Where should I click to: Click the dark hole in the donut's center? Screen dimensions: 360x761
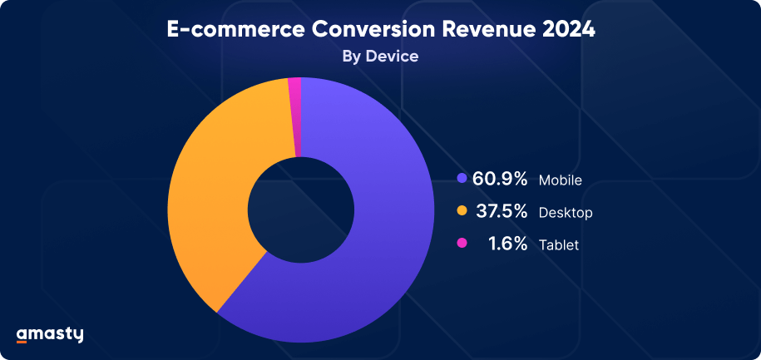point(300,208)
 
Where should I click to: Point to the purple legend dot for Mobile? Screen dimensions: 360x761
point(462,179)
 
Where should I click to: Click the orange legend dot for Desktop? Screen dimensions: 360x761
point(462,212)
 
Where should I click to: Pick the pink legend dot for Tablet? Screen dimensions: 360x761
point(462,244)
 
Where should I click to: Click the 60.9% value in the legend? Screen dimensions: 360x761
point(500,179)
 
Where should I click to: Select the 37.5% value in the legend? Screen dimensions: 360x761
point(502,212)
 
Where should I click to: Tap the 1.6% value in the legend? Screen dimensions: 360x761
point(509,244)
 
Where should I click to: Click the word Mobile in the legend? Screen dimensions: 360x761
point(560,180)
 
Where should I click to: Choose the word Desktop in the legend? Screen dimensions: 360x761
point(566,213)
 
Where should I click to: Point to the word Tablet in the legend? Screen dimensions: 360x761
point(558,245)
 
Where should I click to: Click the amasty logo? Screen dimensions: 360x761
point(50,334)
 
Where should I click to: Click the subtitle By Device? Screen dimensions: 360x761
point(380,57)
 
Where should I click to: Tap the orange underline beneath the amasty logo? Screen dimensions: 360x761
point(22,342)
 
